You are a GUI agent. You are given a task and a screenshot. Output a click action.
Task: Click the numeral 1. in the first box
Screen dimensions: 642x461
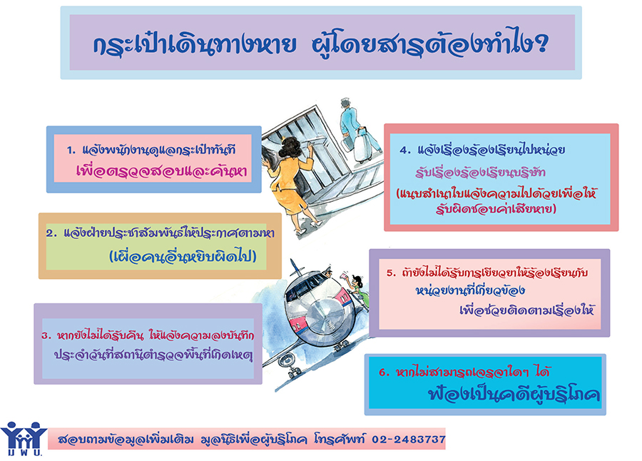tap(71, 151)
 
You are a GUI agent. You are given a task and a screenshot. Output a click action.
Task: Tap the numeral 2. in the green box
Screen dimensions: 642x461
tap(51, 233)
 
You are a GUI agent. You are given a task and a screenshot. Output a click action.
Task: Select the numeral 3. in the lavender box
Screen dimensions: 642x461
tap(46, 336)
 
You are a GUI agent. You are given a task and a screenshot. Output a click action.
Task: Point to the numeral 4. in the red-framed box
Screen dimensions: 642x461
tap(405, 151)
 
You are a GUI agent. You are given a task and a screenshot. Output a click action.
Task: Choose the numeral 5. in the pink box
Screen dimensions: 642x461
tap(392, 273)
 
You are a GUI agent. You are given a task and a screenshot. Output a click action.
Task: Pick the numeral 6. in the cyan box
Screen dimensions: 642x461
tap(384, 373)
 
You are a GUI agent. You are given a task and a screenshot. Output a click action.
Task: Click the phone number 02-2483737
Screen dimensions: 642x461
tap(408, 440)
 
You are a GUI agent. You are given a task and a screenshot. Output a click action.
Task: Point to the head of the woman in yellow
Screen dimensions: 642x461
tap(292, 148)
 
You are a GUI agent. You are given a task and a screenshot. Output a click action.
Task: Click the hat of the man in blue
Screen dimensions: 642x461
tap(345, 101)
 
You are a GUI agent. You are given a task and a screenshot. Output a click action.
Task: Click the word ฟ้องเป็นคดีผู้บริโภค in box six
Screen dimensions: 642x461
tap(514, 393)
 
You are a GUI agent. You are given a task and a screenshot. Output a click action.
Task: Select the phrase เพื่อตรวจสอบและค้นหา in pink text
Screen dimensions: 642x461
tap(162, 171)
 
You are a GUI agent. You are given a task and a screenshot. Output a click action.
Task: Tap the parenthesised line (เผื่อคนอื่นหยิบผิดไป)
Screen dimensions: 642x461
tap(183, 256)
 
